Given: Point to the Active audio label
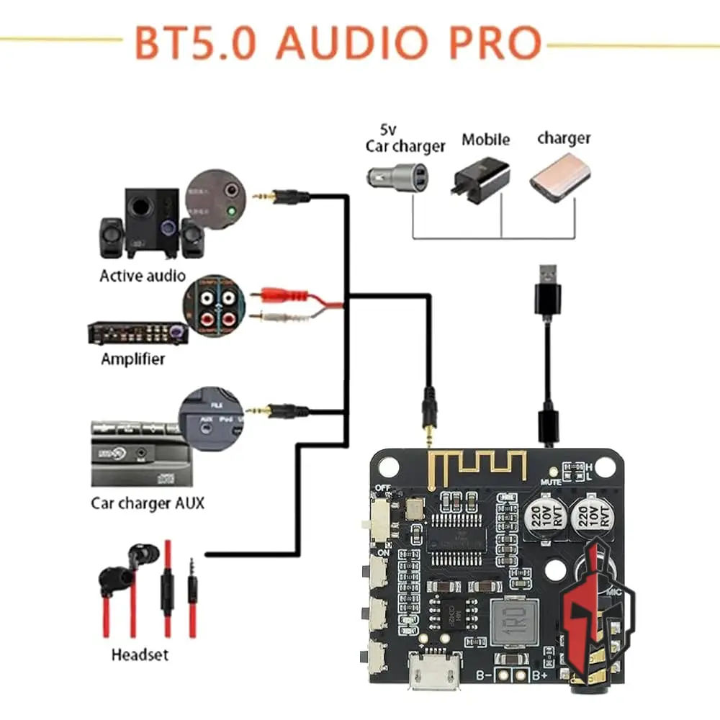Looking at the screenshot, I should pyautogui.click(x=143, y=275).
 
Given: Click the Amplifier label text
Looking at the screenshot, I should pyautogui.click(x=132, y=358).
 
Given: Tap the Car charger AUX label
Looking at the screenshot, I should pyautogui.click(x=148, y=502).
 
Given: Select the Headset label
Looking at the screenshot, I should pyautogui.click(x=140, y=654).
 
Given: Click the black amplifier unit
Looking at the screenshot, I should pyautogui.click(x=138, y=333).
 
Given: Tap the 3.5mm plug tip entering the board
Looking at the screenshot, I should pyautogui.click(x=429, y=436).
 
